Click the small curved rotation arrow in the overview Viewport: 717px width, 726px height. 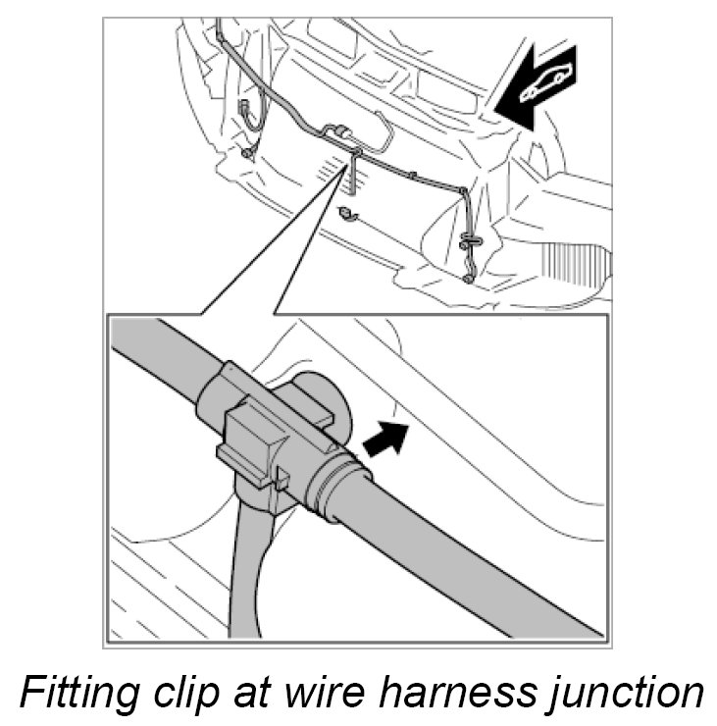coord(344,213)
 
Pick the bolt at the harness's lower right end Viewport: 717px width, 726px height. coord(470,280)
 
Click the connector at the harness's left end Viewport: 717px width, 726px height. coord(242,114)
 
